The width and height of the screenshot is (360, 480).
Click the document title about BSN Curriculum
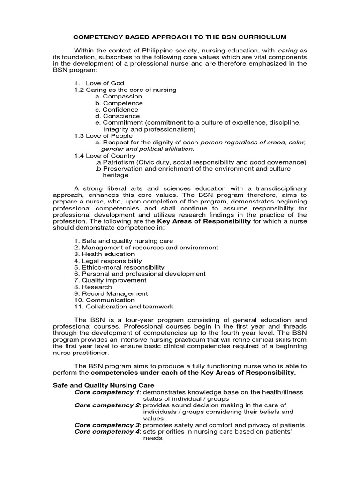tap(180, 37)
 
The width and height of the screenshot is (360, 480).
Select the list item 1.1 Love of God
tap(99, 83)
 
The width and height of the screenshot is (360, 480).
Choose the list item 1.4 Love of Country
tap(105, 155)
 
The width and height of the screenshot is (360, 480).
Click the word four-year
tap(126, 319)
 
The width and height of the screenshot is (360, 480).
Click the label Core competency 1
tap(107, 391)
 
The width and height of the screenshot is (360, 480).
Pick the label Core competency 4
tap(107, 432)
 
